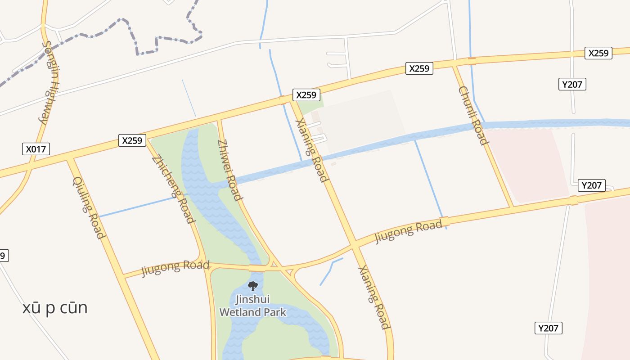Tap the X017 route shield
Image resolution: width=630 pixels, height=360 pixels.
[x=36, y=149]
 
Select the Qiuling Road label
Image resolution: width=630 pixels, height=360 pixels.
[x=89, y=207]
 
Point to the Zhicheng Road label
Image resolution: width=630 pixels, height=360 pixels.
[x=173, y=189]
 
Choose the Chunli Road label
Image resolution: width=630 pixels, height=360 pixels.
[x=473, y=116]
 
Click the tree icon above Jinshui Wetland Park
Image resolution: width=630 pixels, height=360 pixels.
[x=253, y=286]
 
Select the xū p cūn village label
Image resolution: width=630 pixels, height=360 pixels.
[x=55, y=308]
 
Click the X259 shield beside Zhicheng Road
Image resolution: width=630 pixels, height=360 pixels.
[x=132, y=140]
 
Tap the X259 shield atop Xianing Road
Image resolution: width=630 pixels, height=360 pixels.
[x=307, y=95]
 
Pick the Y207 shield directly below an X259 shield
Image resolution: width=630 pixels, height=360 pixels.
[x=572, y=84]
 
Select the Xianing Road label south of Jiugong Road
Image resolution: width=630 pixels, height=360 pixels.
[x=374, y=297]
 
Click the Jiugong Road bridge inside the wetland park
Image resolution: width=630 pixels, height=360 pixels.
[x=257, y=268]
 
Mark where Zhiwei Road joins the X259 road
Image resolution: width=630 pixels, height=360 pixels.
[x=219, y=120]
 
